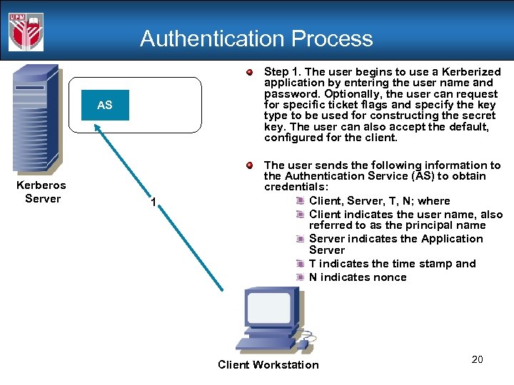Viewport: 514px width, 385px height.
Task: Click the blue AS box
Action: pyautogui.click(x=105, y=106)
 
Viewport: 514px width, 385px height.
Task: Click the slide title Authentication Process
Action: pyautogui.click(x=256, y=38)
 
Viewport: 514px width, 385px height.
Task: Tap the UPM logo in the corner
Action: pyautogui.click(x=26, y=32)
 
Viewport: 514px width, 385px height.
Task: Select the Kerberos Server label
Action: pyautogui.click(x=42, y=192)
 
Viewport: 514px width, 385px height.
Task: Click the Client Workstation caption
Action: pyautogui.click(x=268, y=365)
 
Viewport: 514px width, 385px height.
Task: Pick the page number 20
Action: pyautogui.click(x=477, y=359)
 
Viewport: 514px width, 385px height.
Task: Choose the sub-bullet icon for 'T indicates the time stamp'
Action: pyautogui.click(x=301, y=264)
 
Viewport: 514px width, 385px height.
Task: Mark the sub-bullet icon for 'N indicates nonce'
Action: pyautogui.click(x=301, y=277)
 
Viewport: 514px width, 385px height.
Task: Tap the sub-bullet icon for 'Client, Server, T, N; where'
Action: pyautogui.click(x=301, y=201)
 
